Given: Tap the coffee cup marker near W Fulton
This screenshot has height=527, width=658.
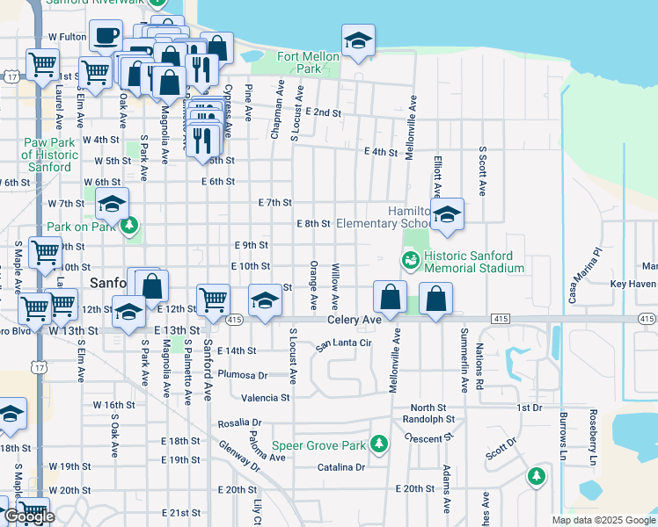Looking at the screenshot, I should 106,37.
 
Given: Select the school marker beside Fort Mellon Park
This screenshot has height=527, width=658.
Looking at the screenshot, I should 358,41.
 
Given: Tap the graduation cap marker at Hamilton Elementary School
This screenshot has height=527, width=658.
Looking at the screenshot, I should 447,216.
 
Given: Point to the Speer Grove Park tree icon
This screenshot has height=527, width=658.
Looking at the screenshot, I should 379,444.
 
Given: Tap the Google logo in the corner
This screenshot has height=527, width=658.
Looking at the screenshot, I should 29,516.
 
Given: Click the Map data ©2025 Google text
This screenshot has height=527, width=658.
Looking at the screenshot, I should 603,520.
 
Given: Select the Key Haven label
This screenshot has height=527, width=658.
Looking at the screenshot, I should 633,285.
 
